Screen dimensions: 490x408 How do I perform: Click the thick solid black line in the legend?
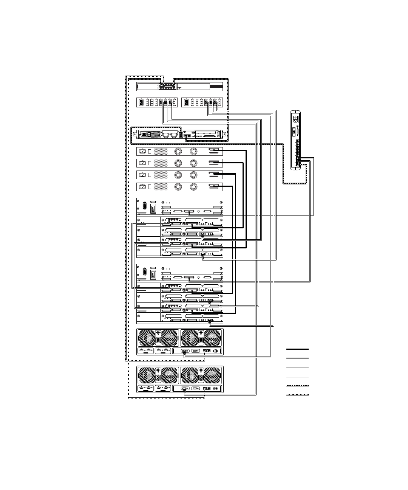297,349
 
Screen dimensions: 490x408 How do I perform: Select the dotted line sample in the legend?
297,386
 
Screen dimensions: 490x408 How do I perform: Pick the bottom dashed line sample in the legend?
297,395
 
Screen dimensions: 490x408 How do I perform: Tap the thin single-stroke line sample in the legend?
297,377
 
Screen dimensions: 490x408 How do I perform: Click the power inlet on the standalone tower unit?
296,119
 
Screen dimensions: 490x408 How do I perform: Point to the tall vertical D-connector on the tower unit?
294,132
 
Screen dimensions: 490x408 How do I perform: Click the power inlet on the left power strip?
141,102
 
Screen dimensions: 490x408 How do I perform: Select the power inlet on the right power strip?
186,102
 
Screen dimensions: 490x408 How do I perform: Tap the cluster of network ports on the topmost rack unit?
167,86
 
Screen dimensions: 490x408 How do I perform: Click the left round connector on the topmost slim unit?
178,151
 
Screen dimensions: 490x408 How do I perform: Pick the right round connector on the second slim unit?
193,163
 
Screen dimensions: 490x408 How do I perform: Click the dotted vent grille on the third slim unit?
161,175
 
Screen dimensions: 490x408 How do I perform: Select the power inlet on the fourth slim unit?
142,186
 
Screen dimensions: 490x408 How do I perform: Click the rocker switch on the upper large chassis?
153,208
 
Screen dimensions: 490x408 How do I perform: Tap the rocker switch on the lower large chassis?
153,274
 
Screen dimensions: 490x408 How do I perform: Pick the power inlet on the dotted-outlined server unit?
144,134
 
